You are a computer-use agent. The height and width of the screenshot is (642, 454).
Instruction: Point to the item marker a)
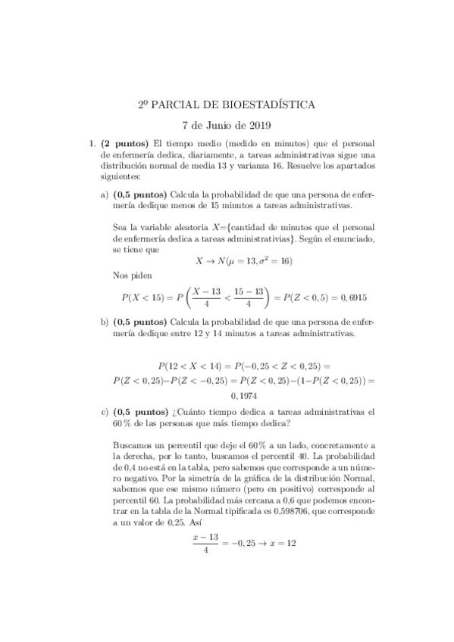(105, 194)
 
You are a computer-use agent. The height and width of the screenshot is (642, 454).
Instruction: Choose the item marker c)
(105, 413)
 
